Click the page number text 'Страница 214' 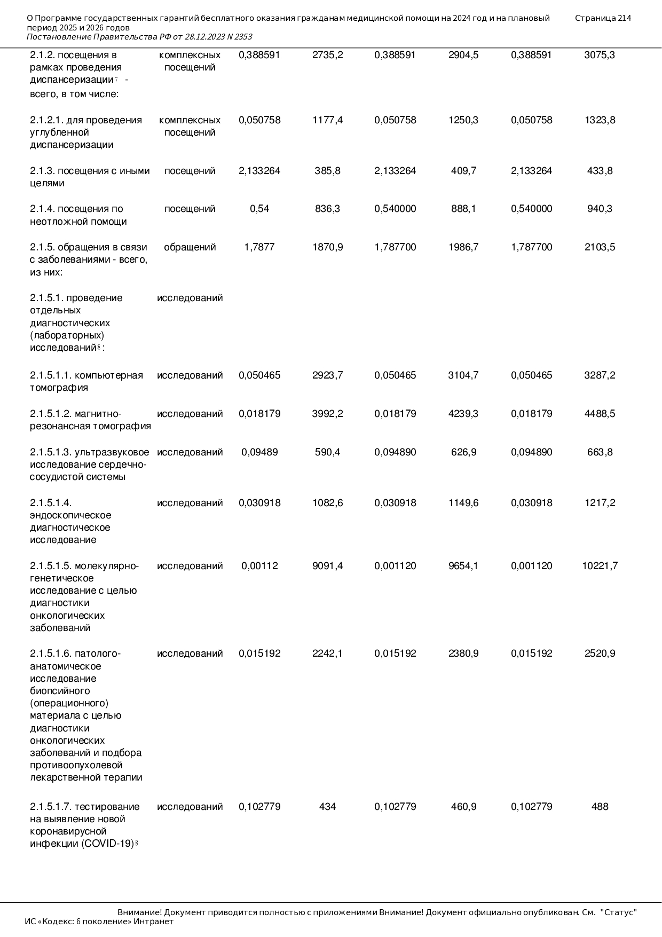(x=603, y=18)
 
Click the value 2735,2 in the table (x=327, y=55)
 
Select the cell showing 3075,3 (x=600, y=55)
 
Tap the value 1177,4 (x=327, y=120)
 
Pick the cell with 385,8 (x=327, y=171)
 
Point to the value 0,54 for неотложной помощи (x=259, y=209)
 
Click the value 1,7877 (x=259, y=247)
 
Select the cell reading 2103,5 (x=600, y=247)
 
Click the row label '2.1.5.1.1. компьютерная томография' (x=86, y=381)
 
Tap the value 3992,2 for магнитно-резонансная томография (x=327, y=414)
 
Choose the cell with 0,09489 (x=259, y=452)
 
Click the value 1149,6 (x=463, y=503)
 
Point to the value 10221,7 (x=600, y=566)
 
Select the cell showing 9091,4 (x=327, y=566)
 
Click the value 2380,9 (x=463, y=653)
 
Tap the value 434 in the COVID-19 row (x=327, y=807)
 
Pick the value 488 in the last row (x=600, y=807)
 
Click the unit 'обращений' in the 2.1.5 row (x=190, y=247)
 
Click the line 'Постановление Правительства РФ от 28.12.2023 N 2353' (x=139, y=37)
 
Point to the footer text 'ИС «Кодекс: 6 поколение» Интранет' (x=99, y=922)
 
